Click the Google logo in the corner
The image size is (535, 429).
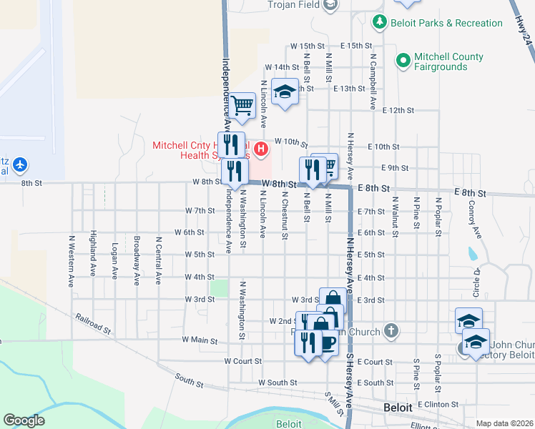click(24, 420)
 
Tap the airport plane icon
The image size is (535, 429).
click(19, 165)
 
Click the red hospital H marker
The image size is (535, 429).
click(262, 149)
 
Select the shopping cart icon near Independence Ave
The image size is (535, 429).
click(242, 106)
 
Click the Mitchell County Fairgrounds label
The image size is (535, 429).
click(439, 61)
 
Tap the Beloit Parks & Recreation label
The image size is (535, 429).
click(446, 23)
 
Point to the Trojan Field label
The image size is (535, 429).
click(294, 5)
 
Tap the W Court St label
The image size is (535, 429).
click(242, 362)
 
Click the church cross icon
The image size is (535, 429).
click(391, 330)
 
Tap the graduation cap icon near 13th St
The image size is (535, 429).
click(285, 92)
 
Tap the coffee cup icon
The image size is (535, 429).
click(328, 343)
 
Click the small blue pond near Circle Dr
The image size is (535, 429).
click(471, 254)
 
